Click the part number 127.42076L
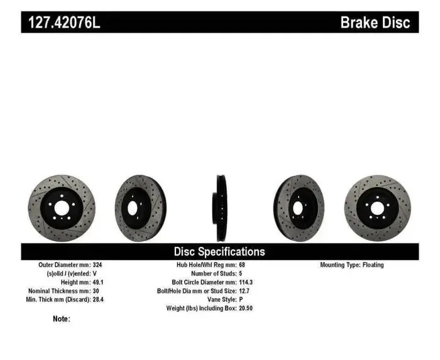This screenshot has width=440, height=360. coord(63,23)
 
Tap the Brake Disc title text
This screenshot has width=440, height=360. coord(375,23)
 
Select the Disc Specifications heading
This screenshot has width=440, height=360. coord(219,251)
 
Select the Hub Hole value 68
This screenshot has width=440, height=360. coord(243,265)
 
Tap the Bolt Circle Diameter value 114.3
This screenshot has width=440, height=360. coord(247,283)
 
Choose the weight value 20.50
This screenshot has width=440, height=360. coord(247,309)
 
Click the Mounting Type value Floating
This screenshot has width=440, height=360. coord(372,265)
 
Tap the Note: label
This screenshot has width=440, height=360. coord(62,319)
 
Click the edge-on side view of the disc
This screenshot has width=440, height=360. coord(221,207)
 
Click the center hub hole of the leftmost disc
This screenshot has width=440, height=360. coord(62,208)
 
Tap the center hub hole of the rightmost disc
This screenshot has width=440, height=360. coord(377,208)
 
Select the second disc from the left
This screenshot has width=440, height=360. coord(140,207)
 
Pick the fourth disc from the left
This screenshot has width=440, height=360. coord(298,207)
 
